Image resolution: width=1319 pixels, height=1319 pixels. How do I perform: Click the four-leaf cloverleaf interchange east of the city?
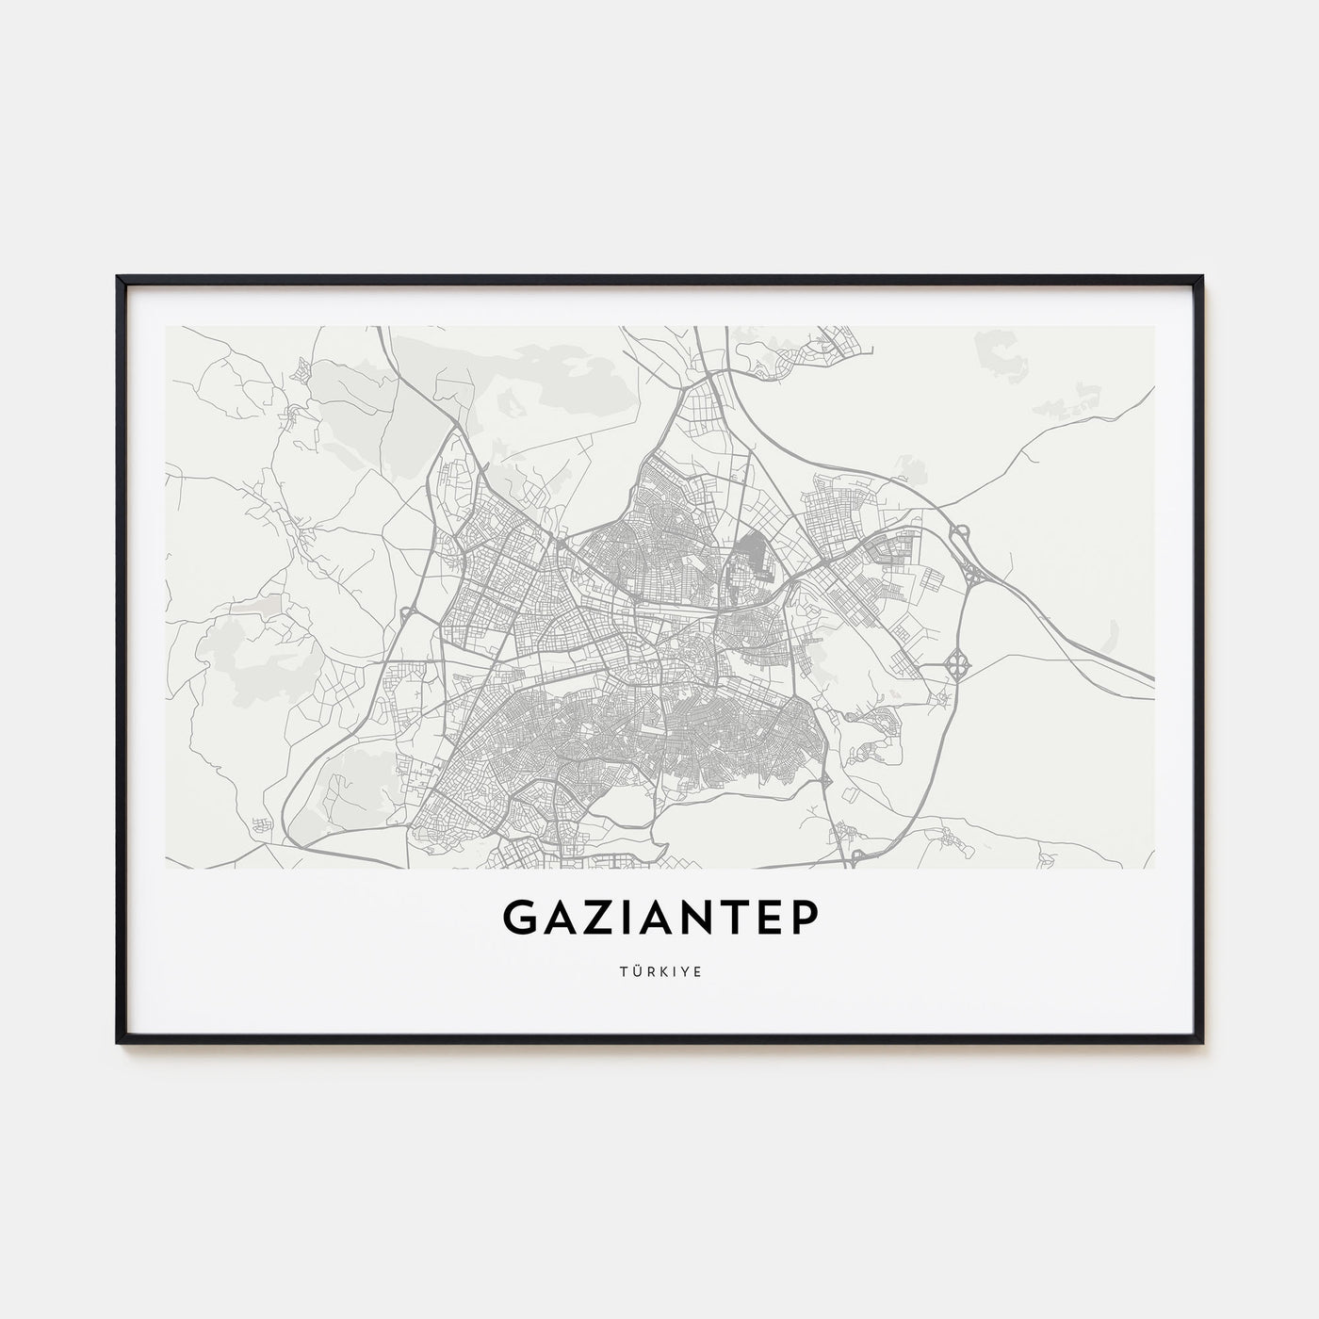(x=958, y=665)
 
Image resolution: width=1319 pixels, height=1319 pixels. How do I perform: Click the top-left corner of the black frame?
(x=119, y=278)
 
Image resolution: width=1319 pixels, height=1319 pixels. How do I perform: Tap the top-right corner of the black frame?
(x=1201, y=278)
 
